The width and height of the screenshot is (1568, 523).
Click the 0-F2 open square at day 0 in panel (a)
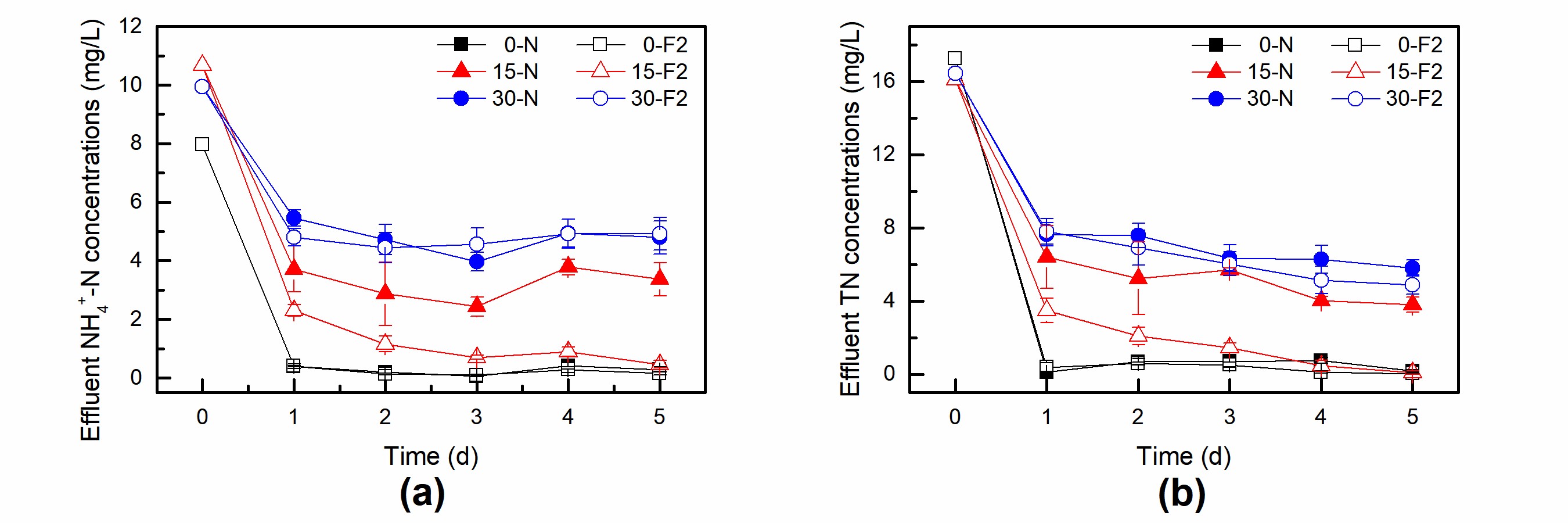click(202, 144)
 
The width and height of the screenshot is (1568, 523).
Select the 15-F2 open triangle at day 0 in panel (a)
click(202, 64)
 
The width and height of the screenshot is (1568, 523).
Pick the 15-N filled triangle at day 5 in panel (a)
click(660, 279)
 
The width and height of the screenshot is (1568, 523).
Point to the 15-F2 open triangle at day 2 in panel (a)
click(384, 343)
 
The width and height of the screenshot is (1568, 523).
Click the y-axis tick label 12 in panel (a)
click(130, 26)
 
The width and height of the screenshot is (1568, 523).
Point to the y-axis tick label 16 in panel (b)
click(884, 81)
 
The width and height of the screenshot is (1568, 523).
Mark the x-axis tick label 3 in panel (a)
click(477, 417)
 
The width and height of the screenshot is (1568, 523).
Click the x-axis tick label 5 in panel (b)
click(1412, 417)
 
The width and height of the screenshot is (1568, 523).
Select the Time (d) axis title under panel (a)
click(431, 456)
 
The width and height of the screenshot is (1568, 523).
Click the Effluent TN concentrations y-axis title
click(850, 209)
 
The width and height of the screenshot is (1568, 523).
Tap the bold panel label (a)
click(422, 493)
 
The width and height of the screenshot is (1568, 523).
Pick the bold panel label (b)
click(1181, 493)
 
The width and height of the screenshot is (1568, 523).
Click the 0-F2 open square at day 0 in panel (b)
click(955, 59)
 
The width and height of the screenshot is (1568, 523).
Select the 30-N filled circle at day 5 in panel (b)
click(1412, 268)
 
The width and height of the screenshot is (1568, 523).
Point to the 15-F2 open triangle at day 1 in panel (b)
click(1046, 309)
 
